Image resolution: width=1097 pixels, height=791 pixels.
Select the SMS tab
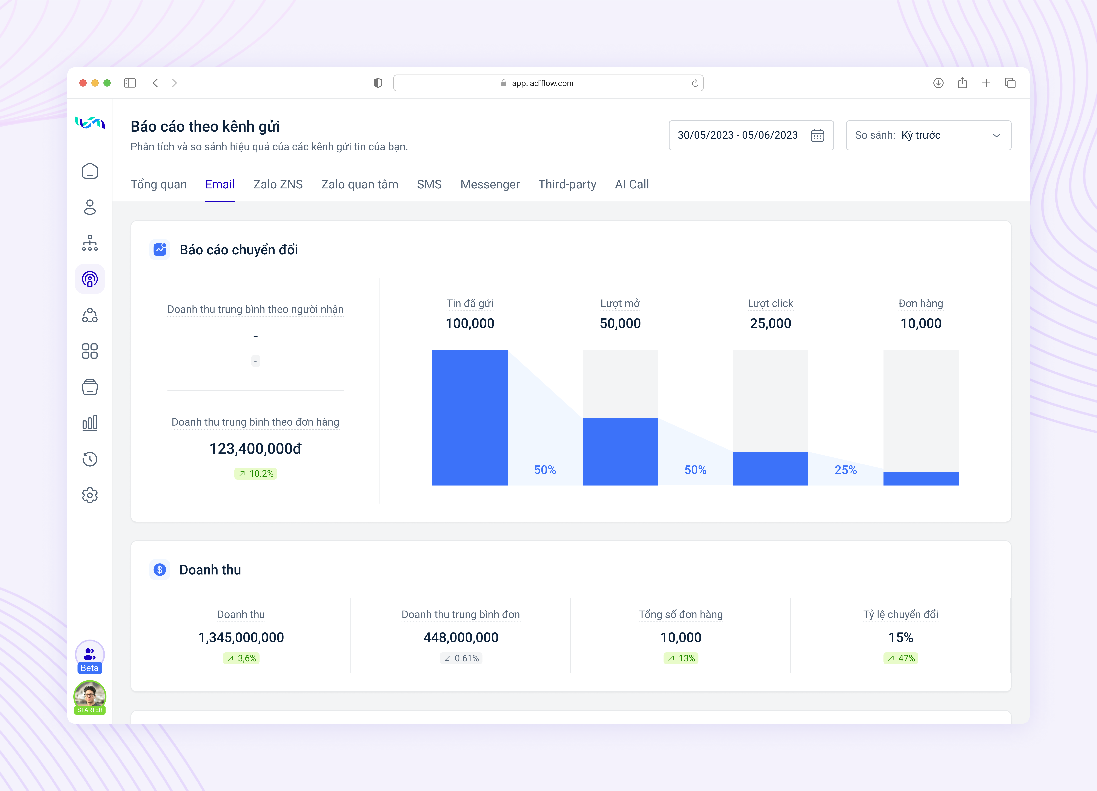click(x=429, y=184)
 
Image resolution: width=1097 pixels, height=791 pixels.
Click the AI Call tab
click(x=632, y=184)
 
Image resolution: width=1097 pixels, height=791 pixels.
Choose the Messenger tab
click(x=490, y=184)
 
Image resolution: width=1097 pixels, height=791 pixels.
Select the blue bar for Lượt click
click(x=771, y=468)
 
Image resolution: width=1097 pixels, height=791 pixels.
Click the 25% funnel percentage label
click(x=845, y=470)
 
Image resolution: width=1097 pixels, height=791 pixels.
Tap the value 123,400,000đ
click(x=255, y=449)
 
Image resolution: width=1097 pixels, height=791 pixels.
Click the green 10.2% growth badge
click(x=256, y=473)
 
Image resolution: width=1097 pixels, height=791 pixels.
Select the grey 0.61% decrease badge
click(x=461, y=658)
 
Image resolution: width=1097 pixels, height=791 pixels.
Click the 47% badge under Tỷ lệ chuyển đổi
click(x=901, y=658)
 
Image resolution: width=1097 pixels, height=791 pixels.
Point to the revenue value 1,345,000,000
click(x=241, y=637)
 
